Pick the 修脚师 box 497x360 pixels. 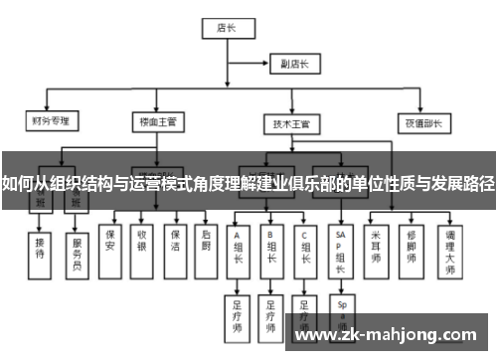coord(411,238)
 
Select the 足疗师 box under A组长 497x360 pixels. coord(239,312)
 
